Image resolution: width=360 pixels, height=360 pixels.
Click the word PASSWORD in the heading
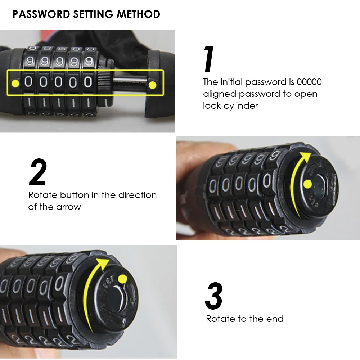point(41,14)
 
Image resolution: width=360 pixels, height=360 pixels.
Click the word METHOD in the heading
point(139,14)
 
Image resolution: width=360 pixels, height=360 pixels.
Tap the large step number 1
point(209,59)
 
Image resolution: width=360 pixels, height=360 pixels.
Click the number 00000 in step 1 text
point(309,82)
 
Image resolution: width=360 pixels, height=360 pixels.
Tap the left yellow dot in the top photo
point(15,84)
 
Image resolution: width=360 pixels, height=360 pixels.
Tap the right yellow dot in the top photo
point(152,85)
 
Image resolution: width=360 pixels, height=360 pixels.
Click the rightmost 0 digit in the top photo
point(88,82)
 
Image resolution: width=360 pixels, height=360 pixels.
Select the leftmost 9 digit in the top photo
point(30,61)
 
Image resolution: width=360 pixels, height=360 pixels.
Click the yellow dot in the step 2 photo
point(307,184)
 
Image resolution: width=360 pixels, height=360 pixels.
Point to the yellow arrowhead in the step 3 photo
point(103,263)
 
